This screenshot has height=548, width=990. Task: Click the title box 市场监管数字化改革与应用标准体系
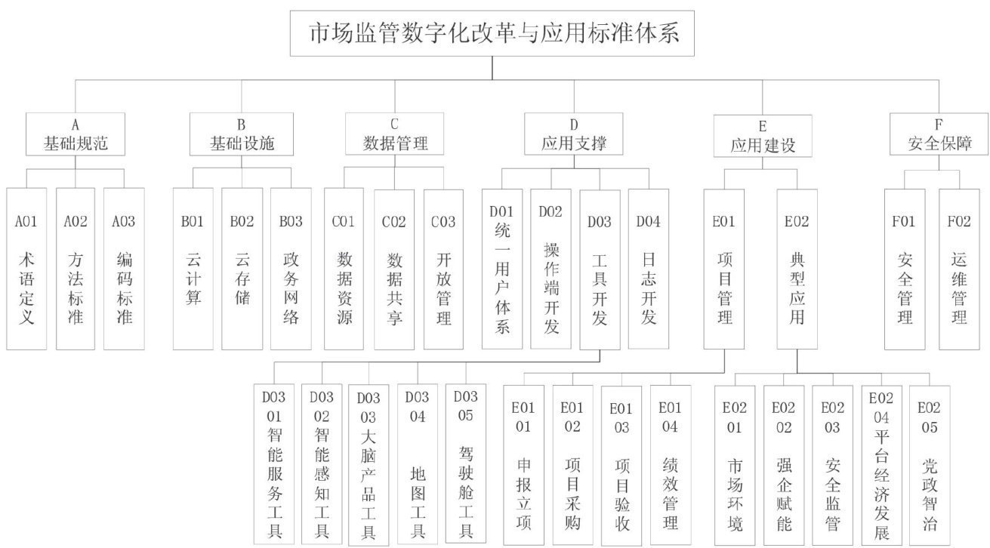[x=493, y=34]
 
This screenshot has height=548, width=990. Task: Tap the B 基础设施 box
[x=242, y=134]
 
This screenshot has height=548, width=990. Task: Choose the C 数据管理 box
[x=395, y=134]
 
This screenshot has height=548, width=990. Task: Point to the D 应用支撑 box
[x=574, y=134]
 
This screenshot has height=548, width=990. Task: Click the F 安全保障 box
[x=939, y=134]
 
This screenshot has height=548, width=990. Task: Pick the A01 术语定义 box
[x=26, y=268]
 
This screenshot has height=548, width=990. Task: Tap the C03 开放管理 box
[x=443, y=268]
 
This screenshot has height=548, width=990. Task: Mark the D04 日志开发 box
[x=649, y=268]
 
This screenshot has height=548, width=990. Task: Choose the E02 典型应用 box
[x=797, y=268]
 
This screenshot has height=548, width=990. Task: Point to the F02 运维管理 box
[x=959, y=268]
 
